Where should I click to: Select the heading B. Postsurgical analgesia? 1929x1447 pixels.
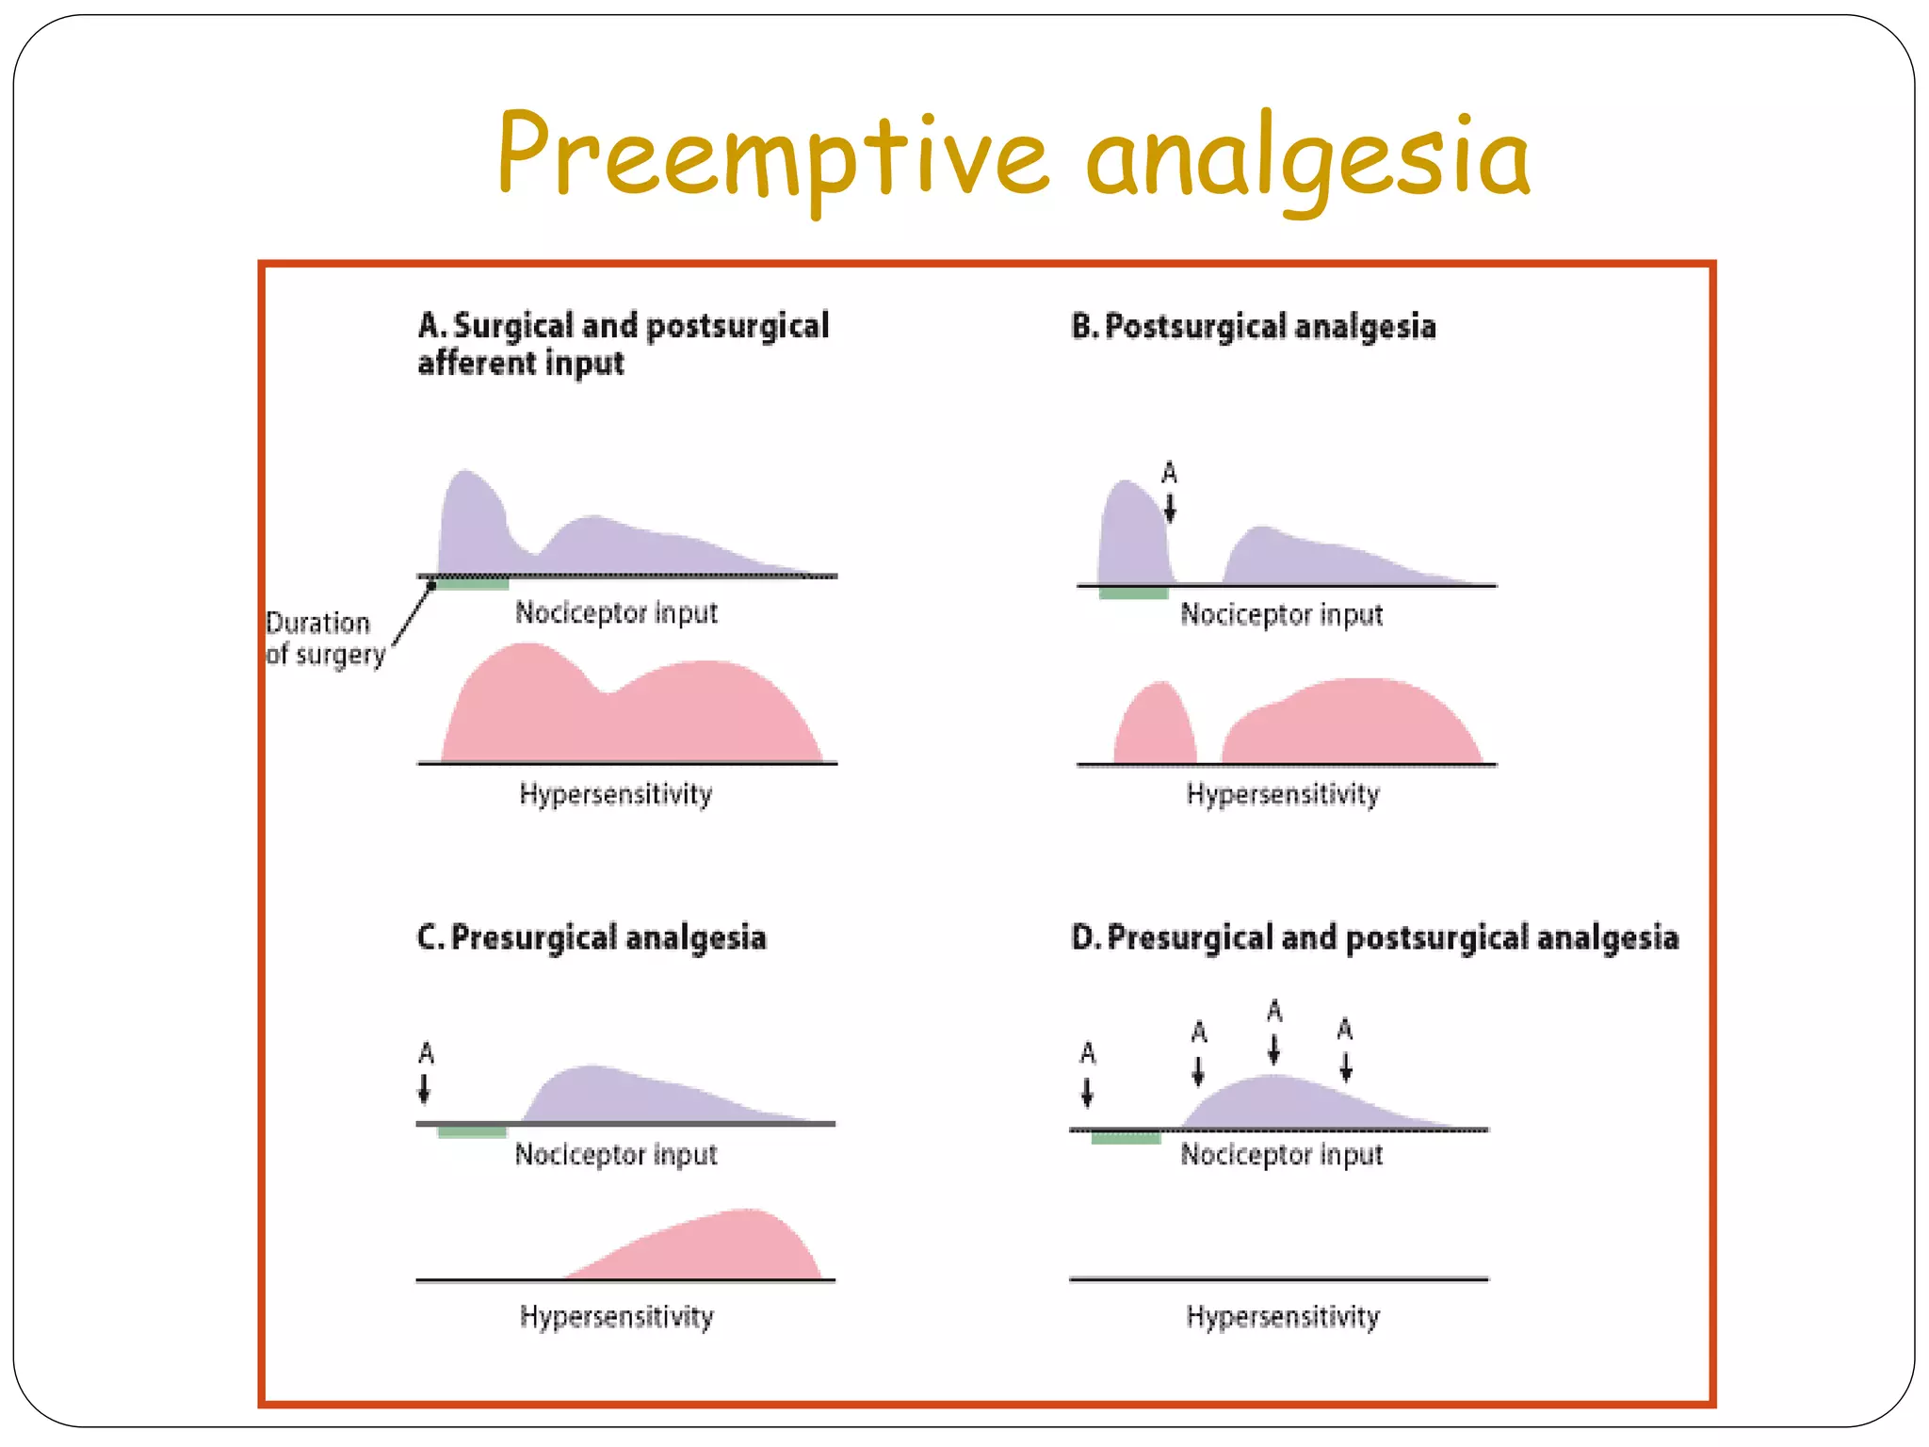point(1253,327)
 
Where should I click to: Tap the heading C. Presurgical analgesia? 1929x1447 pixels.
point(592,937)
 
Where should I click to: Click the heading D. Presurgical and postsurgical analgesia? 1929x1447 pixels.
point(1374,937)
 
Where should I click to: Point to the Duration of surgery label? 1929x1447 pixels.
point(325,638)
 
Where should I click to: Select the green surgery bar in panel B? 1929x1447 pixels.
point(1133,593)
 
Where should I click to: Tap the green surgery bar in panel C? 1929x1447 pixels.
point(472,1131)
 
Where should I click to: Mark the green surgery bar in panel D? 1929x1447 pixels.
point(1126,1138)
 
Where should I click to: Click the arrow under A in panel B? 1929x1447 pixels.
point(1170,509)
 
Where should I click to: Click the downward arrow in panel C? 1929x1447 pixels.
point(425,1088)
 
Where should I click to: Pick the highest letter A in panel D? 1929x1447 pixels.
point(1274,1011)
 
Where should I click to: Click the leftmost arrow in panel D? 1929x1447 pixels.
point(1088,1093)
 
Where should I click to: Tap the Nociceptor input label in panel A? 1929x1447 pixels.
point(616,613)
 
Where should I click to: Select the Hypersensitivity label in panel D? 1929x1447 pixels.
point(1282,1316)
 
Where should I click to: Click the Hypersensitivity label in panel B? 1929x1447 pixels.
point(1282,794)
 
